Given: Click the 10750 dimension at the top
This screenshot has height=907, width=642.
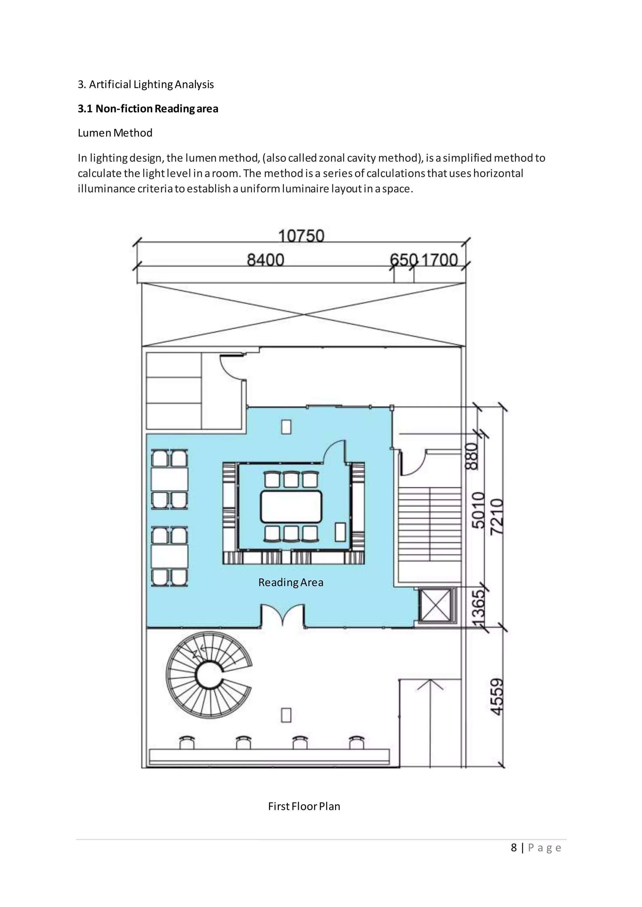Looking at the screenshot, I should pos(301,236).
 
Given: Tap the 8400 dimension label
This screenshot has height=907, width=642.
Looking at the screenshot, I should pos(266,260).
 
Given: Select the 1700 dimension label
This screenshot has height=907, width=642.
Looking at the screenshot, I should pos(439,260).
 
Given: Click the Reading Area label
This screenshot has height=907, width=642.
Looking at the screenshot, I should pos(291,582).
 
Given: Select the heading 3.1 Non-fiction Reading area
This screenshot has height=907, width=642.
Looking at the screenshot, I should pos(148,109).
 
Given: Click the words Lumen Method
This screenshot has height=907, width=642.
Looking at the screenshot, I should pos(115,133).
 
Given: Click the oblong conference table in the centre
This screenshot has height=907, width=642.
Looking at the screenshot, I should pos(291,507).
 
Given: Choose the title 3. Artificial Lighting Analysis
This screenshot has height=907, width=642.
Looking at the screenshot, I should pos(145,85).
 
